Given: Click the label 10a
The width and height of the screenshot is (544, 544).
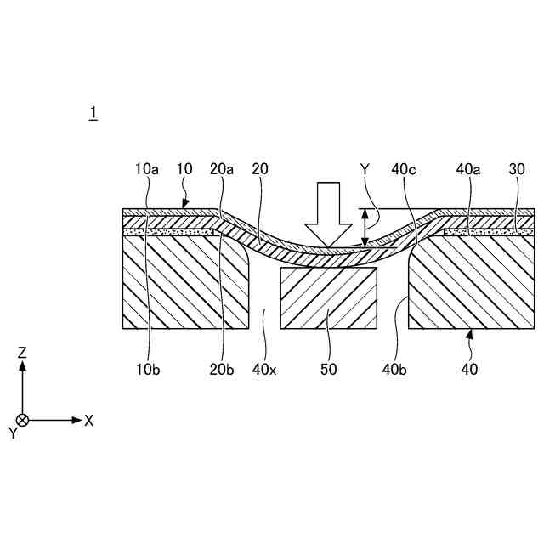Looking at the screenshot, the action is (x=146, y=169).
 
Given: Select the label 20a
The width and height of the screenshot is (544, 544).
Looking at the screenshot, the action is (x=222, y=169).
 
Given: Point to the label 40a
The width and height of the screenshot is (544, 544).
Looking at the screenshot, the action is (x=468, y=169).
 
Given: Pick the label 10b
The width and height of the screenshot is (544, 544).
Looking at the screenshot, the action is (x=149, y=369).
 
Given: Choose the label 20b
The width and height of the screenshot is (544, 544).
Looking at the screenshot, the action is (x=222, y=369).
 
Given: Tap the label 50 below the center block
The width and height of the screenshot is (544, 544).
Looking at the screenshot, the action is (x=328, y=369).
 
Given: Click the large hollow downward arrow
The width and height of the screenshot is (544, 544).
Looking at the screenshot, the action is (x=328, y=212).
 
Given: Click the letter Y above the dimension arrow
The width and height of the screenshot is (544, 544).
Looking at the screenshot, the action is (x=365, y=170).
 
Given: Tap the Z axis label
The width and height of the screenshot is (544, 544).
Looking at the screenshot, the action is (x=24, y=352).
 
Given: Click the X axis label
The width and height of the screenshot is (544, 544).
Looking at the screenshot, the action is (x=88, y=420).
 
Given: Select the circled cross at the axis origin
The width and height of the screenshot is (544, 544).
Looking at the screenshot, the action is (x=24, y=420).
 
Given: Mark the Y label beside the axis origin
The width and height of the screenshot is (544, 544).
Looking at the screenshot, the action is (x=13, y=433).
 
